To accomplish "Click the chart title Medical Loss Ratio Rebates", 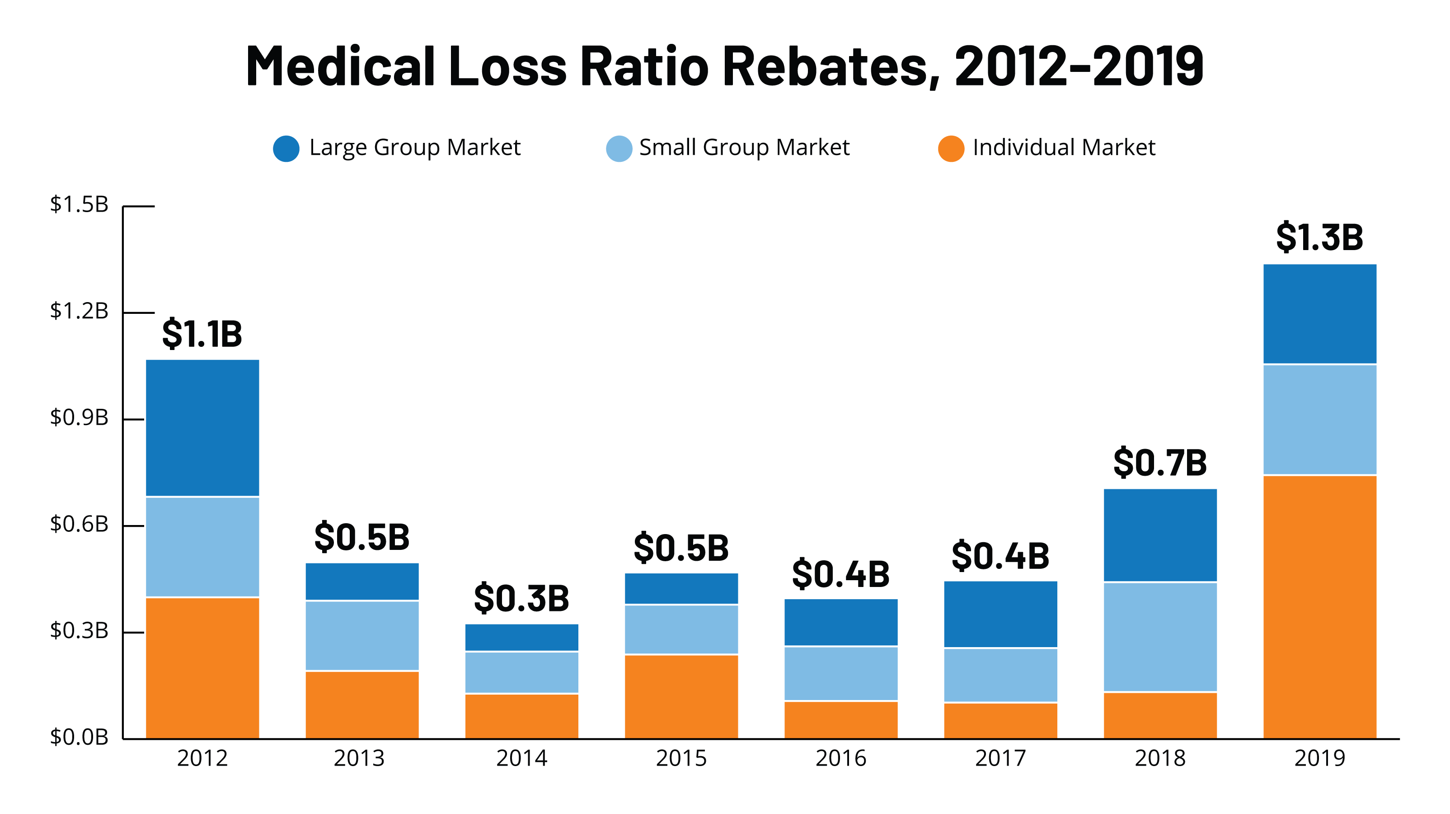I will coord(724,66).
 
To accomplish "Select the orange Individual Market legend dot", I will coord(951,149).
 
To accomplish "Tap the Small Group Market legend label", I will coord(744,147).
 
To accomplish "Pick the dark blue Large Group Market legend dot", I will coord(286,149).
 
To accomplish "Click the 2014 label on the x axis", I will coord(521,758).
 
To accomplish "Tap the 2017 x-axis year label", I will coord(1000,758).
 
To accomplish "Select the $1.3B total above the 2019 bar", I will coord(1319,237).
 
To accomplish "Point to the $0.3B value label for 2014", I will coord(521,598).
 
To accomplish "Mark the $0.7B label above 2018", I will coord(1160,463).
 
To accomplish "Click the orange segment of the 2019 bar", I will coord(1319,607).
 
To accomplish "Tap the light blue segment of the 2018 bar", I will coord(1160,637).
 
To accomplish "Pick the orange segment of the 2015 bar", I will coord(681,696).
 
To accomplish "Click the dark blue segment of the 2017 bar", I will coord(1000,614).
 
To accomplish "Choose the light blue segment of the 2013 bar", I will coord(362,635).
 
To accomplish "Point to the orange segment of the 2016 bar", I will coord(841,720).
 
